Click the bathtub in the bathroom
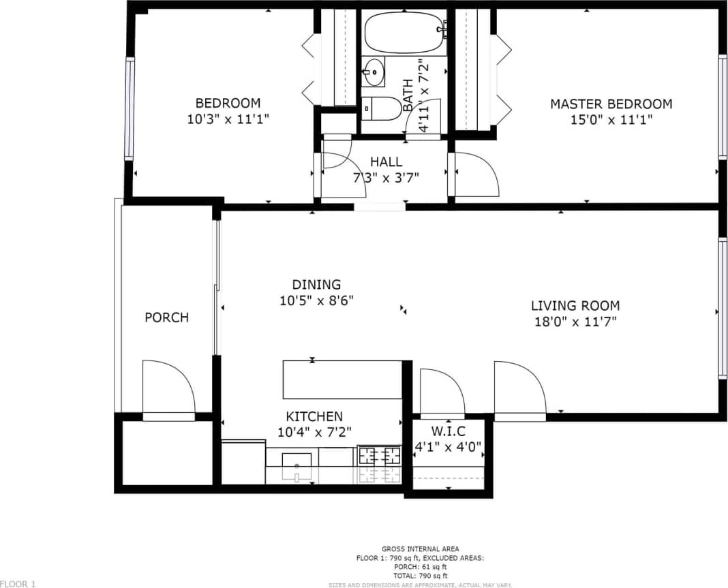pos(404,32)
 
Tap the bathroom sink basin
pos(373,72)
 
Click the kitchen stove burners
pos(380,455)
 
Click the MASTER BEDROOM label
pos(611,104)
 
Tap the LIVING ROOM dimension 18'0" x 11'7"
pos(575,322)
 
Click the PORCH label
pos(166,318)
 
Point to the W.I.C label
pos(448,432)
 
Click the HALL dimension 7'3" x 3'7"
pos(386,177)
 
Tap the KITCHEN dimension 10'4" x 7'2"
pos(314,431)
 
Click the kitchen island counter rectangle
pos(342,380)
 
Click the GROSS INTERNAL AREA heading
pos(420,549)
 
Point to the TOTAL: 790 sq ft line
pos(420,576)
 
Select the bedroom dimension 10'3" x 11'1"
pos(228,119)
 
